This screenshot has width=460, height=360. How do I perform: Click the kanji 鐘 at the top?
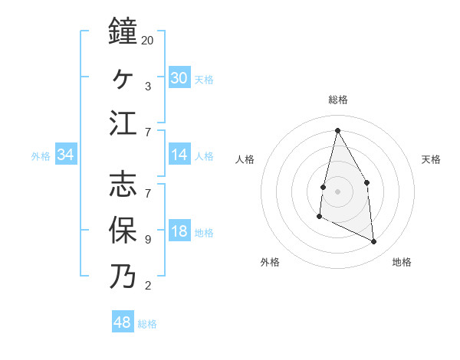[123, 32]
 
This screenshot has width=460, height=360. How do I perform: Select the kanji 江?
[123, 123]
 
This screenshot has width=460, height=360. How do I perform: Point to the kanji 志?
[123, 184]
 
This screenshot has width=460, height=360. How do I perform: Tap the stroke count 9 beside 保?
[148, 239]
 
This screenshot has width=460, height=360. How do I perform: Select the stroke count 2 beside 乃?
[148, 286]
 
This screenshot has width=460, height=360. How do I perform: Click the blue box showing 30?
[179, 78]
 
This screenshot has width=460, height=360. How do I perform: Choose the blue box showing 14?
[179, 155]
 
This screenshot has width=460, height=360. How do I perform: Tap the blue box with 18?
[179, 232]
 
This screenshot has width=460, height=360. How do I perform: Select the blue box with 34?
[65, 155]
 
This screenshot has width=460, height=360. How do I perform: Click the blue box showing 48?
[123, 322]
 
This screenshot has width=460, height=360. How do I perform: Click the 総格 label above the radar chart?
[338, 100]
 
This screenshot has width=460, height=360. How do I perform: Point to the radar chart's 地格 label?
[402, 262]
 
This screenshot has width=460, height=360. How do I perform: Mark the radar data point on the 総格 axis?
[337, 130]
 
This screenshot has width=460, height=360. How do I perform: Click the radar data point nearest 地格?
[374, 241]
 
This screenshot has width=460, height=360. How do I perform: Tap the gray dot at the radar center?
[337, 190]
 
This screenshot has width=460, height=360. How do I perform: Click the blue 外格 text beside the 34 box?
[41, 156]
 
